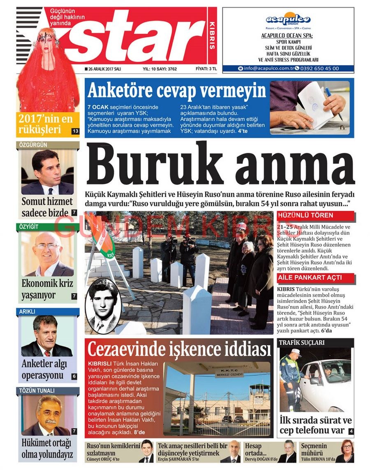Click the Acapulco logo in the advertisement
tap(288, 19)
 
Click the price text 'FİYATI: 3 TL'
tap(206, 69)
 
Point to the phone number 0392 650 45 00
tap(319, 68)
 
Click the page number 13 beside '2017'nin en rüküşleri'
tap(75, 131)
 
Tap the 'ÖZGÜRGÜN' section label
tap(33, 145)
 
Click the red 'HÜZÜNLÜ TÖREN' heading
tap(305, 215)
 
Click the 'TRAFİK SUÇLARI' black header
tap(302, 342)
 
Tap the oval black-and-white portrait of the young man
tap(103, 305)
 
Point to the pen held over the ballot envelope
tap(333, 103)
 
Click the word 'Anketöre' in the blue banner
tap(121, 90)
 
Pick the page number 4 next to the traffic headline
tap(351, 431)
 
